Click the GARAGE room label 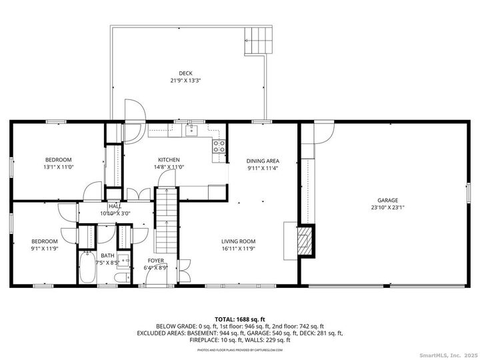click(387, 200)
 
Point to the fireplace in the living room click(305, 240)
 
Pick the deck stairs click(258, 41)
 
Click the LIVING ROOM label click(239, 241)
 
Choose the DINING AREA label click(263, 161)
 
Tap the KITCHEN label click(169, 160)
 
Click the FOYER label click(156, 261)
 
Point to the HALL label click(115, 207)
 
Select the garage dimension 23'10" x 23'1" click(387, 207)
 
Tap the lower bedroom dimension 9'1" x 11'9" click(45, 249)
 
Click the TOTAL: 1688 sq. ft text click(240, 319)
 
